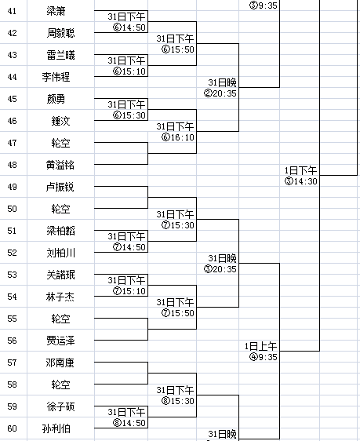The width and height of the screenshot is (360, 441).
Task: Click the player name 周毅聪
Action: pos(60,33)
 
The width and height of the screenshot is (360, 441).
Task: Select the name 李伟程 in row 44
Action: pos(56,77)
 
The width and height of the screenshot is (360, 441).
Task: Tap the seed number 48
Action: pos(12,165)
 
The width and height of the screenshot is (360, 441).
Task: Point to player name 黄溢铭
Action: pos(60,165)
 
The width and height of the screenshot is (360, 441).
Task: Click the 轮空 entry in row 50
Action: pos(60,209)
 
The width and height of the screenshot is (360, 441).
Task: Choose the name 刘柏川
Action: pos(60,253)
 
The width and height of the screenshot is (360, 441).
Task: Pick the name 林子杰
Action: pos(60,297)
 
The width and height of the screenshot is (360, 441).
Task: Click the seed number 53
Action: pos(12,275)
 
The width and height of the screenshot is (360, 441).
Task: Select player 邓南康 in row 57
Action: pos(60,363)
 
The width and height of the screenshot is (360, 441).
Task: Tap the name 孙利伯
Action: pos(56,428)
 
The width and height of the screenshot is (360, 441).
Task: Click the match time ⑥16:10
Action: pos(178,137)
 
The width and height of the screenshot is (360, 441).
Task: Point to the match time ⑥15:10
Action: pos(129,71)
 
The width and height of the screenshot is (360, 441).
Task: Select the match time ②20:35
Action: pos(220,93)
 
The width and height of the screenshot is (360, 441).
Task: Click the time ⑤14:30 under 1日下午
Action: pos(301,181)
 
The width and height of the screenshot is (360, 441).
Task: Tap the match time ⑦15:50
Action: pos(178,313)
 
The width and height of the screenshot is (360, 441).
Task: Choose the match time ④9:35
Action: pos(264,357)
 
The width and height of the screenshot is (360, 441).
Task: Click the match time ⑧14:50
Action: pos(129,423)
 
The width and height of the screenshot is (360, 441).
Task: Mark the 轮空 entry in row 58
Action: pos(60,385)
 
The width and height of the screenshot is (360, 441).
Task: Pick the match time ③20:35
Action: pos(220,269)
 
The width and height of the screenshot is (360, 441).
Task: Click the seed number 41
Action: pos(12,11)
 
